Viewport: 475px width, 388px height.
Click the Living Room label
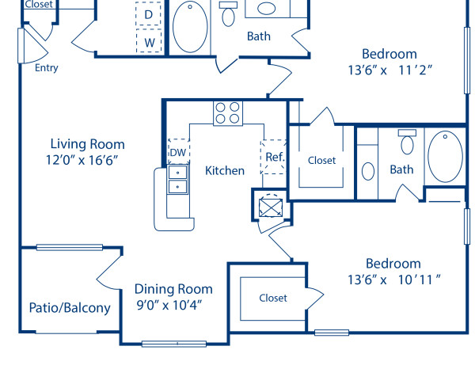point(87,144)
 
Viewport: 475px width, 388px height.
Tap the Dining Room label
point(173,289)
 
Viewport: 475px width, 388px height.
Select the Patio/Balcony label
point(70,308)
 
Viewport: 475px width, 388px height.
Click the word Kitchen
point(225,170)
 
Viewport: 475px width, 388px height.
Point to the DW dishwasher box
point(178,151)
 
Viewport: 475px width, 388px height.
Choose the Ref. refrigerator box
point(274,158)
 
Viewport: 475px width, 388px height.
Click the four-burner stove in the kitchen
point(227,113)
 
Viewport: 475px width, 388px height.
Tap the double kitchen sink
point(177,180)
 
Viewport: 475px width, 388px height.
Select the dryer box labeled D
point(148,14)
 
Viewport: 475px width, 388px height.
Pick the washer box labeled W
point(148,40)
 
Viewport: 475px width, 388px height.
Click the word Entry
point(47,68)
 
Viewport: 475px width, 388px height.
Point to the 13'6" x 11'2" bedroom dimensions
point(389,69)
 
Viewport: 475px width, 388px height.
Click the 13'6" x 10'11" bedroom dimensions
point(393,279)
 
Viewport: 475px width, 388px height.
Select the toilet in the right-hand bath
point(408,143)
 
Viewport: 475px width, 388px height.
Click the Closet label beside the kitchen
point(321,160)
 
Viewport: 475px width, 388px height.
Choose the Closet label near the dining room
point(273,298)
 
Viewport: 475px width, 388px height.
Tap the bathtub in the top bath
point(190,26)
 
